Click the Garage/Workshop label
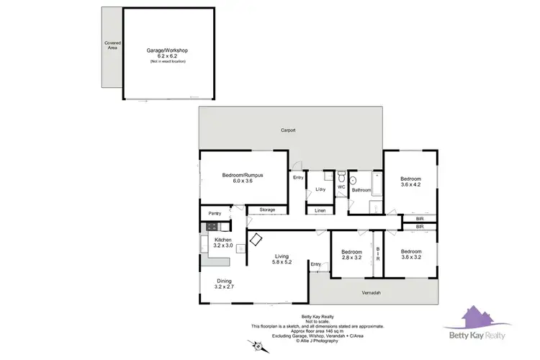click(167, 50)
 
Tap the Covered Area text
click(113, 45)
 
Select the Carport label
click(288, 130)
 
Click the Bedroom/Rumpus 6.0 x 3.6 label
click(242, 179)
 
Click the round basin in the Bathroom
click(354, 180)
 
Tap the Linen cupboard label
click(319, 210)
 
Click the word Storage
click(267, 210)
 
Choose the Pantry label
click(215, 213)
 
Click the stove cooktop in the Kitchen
click(204, 226)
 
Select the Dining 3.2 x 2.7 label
click(225, 284)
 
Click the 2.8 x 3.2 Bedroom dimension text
click(352, 257)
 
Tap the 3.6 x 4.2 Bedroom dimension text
click(410, 184)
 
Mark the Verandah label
click(371, 292)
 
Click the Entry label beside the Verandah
click(315, 264)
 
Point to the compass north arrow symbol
click(257, 346)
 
